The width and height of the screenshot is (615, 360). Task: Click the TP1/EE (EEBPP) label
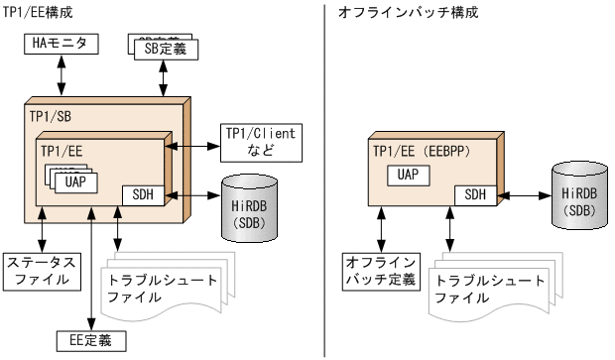[x=420, y=150]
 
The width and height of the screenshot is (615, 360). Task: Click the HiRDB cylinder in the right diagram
[x=576, y=192]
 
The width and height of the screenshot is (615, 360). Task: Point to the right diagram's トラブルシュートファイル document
[x=482, y=288]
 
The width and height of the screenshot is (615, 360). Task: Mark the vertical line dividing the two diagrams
[x=324, y=180]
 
